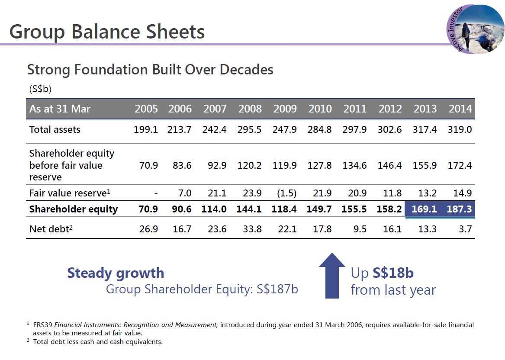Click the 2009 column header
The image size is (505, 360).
(285, 109)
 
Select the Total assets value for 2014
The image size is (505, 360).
(460, 129)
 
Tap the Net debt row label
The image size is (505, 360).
(51, 229)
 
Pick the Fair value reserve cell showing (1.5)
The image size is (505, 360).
(286, 193)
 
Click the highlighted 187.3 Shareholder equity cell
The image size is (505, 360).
(459, 209)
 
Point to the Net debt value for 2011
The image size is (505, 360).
(360, 229)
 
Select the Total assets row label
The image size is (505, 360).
(55, 129)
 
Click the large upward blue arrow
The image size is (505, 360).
(332, 276)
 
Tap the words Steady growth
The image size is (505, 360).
(116, 273)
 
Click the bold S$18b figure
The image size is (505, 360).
(393, 273)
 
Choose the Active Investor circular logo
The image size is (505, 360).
(475, 29)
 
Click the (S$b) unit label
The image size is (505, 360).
(40, 89)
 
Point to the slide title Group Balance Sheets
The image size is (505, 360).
(107, 32)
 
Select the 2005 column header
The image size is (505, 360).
(146, 109)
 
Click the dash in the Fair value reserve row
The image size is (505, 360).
(156, 193)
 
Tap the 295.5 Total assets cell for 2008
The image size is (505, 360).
(250, 129)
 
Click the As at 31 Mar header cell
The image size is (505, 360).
(60, 109)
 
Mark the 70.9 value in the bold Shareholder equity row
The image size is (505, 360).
(148, 209)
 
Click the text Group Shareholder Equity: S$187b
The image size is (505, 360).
(202, 289)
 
